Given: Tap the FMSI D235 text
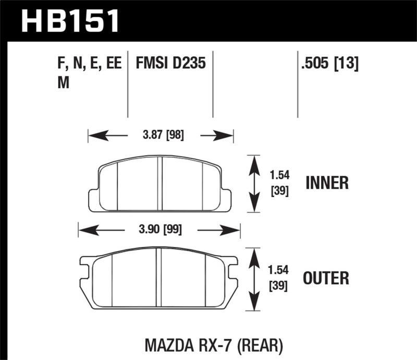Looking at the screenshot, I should click(x=171, y=64).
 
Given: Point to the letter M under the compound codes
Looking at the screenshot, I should click(x=64, y=83).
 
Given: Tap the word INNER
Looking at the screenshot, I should click(x=327, y=183).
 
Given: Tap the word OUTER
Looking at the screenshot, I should click(x=327, y=277).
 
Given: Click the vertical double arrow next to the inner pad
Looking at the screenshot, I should click(x=253, y=183).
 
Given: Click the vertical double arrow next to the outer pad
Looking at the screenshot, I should click(x=253, y=279).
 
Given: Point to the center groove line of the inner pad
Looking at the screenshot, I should click(x=160, y=183).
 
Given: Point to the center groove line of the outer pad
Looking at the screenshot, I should click(x=159, y=279).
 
